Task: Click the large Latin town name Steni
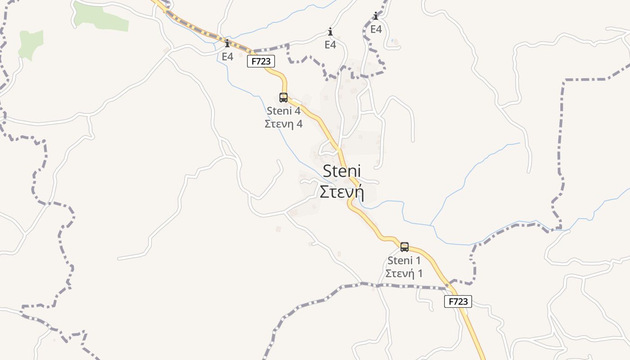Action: click(x=342, y=171)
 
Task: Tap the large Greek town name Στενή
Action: click(x=342, y=192)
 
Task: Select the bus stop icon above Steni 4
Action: click(x=283, y=97)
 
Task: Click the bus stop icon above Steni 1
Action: click(x=405, y=247)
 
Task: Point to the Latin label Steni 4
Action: click(x=283, y=111)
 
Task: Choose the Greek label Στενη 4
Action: click(x=283, y=124)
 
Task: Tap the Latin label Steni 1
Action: click(x=404, y=260)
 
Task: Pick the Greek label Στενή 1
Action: click(x=404, y=273)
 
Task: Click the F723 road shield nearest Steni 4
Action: click(x=261, y=61)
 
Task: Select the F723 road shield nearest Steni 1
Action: click(x=458, y=301)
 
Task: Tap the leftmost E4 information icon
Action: click(x=227, y=44)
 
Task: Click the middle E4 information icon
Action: click(x=330, y=32)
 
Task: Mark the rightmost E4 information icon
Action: click(x=376, y=16)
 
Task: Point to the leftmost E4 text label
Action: click(x=227, y=57)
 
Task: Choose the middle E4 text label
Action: click(x=330, y=45)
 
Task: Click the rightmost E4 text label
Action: click(x=376, y=29)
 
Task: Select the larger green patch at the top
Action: click(x=101, y=17)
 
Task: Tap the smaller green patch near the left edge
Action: click(x=31, y=44)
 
